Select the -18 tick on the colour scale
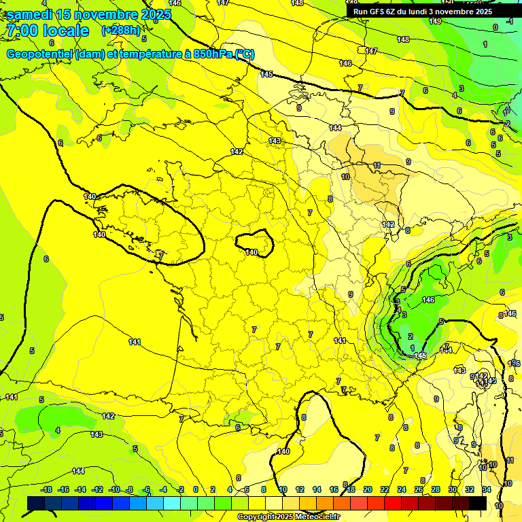coord(47,489)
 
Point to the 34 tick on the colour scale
coord(487,489)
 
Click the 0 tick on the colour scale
coord(196,489)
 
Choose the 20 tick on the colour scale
coord(368,489)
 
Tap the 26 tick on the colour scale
coord(419,489)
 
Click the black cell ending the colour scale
coord(478,503)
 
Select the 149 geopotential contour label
coord(435,21)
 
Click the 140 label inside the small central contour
coord(251,252)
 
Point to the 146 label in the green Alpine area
coord(428,300)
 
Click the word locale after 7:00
coord(65,31)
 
